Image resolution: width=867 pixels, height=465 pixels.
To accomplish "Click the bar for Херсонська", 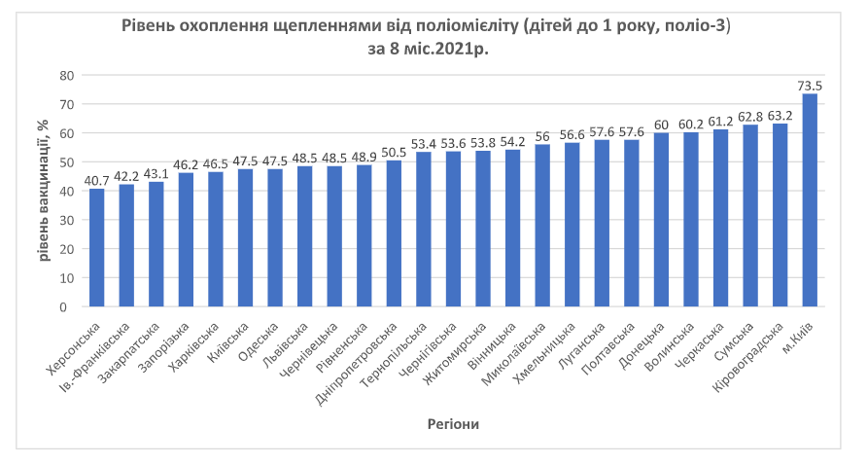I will point(97,247).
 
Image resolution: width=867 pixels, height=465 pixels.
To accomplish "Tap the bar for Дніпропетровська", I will point(394,233).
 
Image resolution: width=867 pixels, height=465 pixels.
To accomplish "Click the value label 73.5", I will point(810,86).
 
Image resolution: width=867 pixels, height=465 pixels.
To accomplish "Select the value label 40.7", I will point(97,180).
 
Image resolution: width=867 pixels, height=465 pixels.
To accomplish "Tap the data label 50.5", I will point(394,152).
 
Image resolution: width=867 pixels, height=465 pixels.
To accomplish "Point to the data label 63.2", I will point(780,115).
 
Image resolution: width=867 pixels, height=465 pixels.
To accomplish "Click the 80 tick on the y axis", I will point(67,75).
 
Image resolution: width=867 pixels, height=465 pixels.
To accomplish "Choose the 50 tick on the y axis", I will point(67,161).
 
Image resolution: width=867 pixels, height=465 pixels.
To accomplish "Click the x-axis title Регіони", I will point(453,424).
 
